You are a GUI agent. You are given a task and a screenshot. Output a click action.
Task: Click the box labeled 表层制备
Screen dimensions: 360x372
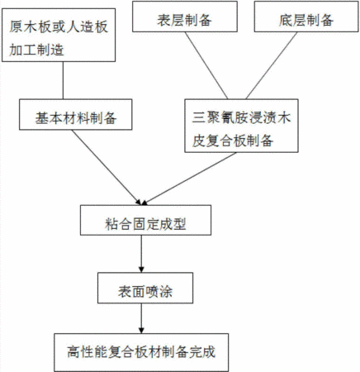[185, 17]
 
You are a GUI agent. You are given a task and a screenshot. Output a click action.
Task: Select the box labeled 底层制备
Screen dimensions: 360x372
[306, 17]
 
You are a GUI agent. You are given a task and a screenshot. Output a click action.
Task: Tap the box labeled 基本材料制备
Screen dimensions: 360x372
[75, 115]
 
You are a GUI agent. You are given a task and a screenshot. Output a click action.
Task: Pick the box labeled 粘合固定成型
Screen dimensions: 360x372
[145, 220]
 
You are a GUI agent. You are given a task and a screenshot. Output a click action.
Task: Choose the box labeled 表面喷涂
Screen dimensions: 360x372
[145, 289]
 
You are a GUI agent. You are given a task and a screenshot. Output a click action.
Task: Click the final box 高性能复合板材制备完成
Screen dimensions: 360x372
[141, 352]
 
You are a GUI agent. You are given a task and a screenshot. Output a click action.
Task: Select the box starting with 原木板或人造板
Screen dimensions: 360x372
[59, 35]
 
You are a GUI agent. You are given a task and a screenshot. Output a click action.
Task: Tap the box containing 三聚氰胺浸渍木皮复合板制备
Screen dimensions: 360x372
[241, 126]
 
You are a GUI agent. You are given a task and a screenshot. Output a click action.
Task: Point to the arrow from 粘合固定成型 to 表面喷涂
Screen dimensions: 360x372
[141, 254]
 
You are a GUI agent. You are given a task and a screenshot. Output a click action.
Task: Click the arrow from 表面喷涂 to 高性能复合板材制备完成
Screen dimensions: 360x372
[141, 318]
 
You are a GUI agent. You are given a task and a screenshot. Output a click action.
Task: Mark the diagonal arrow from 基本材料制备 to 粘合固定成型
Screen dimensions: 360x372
[107, 168]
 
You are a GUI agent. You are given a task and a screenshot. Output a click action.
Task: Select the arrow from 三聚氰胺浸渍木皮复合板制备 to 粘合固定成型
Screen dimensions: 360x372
[189, 179]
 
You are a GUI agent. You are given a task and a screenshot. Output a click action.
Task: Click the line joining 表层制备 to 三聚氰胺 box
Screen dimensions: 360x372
[206, 65]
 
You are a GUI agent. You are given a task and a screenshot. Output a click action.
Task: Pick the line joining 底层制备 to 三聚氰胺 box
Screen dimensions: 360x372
[272, 65]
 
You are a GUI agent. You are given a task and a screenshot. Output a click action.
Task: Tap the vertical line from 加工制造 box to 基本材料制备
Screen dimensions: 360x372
[63, 80]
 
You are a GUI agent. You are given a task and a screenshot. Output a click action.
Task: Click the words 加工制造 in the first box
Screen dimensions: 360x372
[36, 50]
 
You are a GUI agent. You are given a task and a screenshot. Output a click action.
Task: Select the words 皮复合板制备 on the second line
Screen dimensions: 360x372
[233, 141]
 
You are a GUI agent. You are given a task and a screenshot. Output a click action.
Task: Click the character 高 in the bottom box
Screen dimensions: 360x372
[73, 352]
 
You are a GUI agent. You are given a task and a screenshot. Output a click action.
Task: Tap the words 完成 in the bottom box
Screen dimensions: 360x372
[202, 352]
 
